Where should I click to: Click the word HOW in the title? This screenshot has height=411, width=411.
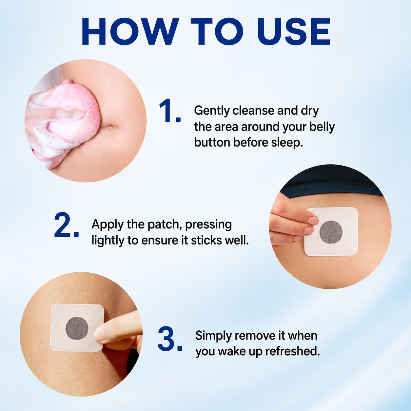[130, 31]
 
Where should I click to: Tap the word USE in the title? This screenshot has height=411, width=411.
[294, 31]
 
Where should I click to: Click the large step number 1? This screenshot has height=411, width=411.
[170, 111]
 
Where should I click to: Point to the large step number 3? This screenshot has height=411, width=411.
[170, 339]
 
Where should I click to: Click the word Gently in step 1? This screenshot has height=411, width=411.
[212, 111]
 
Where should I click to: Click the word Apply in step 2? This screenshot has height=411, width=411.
[108, 225]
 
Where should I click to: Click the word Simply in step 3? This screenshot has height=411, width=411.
[213, 336]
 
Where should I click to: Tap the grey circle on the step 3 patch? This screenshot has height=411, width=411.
[77, 328]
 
